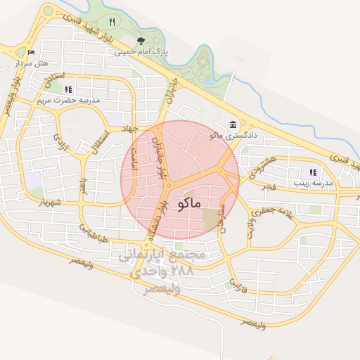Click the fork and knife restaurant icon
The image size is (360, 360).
[x=112, y=22]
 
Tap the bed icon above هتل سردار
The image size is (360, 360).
[x=30, y=52]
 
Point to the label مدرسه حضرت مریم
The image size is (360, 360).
[x=68, y=100]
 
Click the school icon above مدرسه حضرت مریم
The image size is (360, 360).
[x=68, y=89]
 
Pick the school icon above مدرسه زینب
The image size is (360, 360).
[x=313, y=172]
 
